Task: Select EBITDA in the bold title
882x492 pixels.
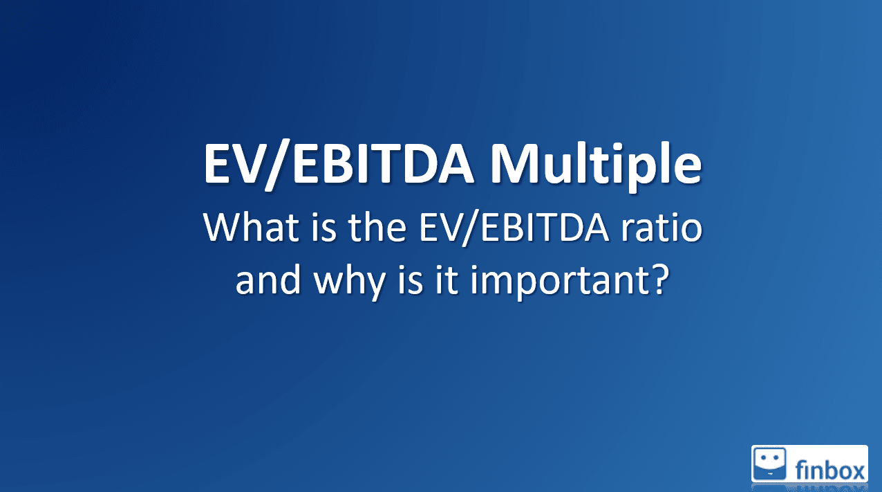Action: pos(383,163)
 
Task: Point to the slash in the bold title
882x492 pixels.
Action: pos(278,165)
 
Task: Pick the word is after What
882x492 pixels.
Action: pos(323,228)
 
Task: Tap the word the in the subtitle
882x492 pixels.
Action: pos(377,227)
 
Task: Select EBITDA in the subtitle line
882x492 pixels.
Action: pos(545,228)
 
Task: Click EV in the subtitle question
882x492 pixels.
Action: pos(440,228)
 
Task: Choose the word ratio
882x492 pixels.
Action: pos(662,228)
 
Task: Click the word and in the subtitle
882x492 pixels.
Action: pos(268,280)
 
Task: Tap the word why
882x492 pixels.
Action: pos(349,282)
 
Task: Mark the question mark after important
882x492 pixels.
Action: pos(657,280)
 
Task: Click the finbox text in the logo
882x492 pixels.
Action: pos(830,470)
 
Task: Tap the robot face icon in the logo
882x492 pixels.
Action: pos(769,464)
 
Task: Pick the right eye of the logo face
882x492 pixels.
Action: pos(776,458)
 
